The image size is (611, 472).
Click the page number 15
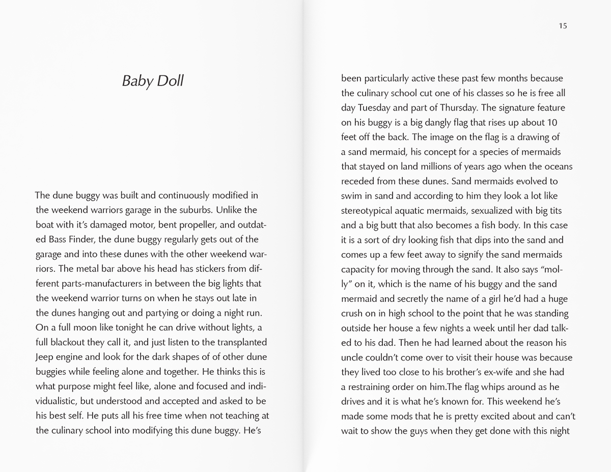point(562,26)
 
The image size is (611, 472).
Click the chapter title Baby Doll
point(153,81)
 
